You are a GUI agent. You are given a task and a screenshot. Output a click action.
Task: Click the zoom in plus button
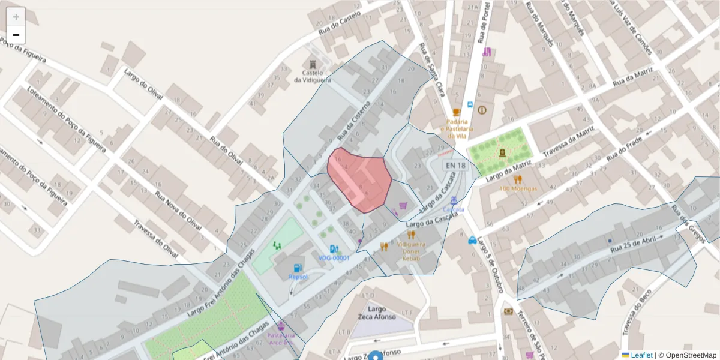16,17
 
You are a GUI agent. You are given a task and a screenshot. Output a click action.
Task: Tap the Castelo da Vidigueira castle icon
312,64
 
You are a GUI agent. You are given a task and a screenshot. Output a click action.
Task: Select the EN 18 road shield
455,166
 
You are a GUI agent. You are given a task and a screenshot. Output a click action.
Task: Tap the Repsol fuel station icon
297,268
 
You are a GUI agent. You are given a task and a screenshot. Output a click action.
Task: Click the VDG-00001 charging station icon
334,249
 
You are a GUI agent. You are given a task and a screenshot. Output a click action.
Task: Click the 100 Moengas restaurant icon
518,179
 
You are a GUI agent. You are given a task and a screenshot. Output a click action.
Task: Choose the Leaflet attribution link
641,355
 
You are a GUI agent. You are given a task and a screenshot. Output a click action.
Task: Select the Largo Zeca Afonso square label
377,313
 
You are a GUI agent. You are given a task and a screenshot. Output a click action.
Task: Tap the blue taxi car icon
472,241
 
